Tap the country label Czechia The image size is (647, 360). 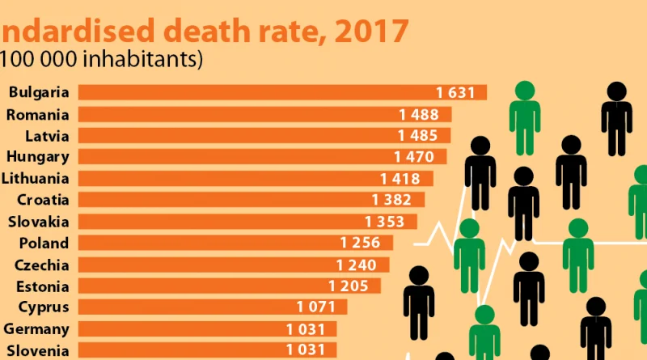tap(41, 265)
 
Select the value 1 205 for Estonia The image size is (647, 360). tap(348, 286)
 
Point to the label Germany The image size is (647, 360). tap(36, 328)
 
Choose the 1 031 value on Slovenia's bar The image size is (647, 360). tap(305, 350)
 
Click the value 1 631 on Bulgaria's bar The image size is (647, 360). tap(455, 93)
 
